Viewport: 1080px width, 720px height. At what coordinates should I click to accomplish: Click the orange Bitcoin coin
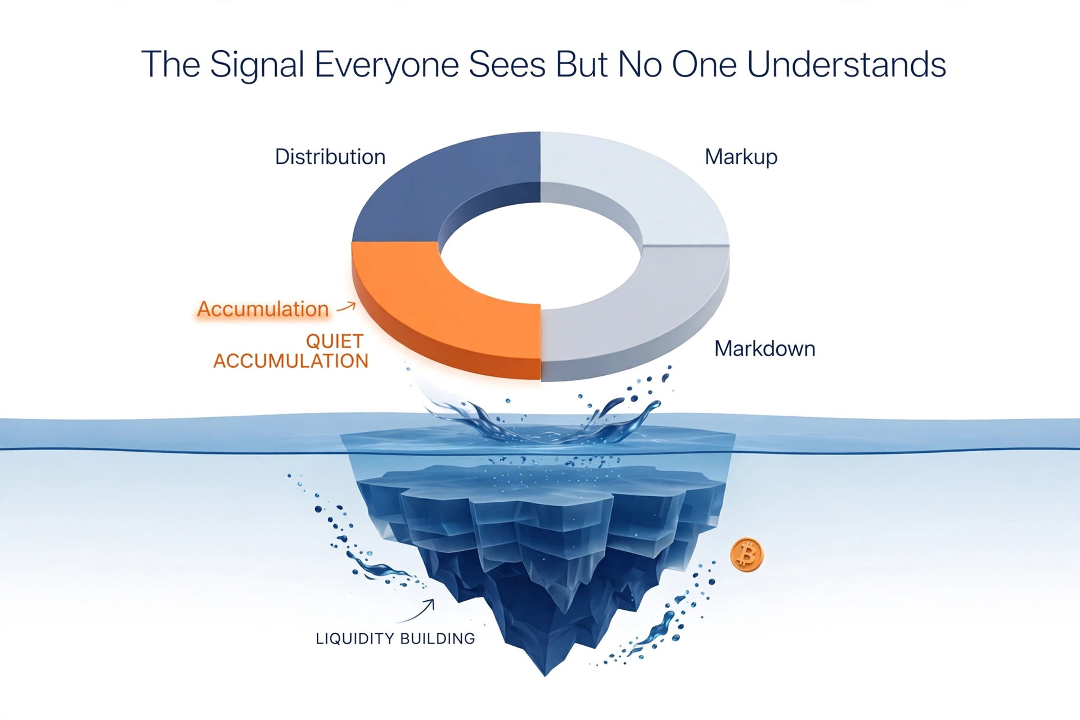(x=746, y=555)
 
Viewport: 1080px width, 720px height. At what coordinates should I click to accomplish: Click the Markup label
(x=741, y=157)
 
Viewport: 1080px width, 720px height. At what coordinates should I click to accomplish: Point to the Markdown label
(x=764, y=349)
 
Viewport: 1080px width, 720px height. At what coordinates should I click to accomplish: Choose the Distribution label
(x=330, y=157)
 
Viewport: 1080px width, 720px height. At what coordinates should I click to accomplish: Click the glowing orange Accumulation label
(x=263, y=309)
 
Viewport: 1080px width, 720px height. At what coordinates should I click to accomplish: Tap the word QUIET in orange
(x=335, y=341)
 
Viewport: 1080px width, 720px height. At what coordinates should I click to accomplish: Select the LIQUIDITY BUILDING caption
(x=395, y=638)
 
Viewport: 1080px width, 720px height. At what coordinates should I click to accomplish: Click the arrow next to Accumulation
(x=346, y=307)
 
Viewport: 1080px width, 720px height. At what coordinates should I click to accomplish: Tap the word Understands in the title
(x=847, y=64)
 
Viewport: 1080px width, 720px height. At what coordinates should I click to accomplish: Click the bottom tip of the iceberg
(x=544, y=676)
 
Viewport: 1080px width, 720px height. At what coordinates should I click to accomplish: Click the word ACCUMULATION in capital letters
(x=291, y=361)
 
